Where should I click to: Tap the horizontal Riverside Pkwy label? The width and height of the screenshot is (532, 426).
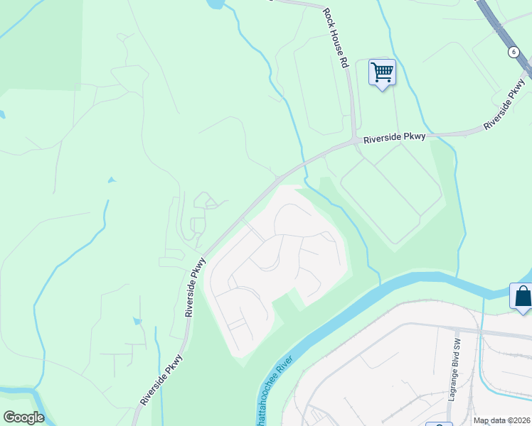394,138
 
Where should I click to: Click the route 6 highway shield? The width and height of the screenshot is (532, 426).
513,52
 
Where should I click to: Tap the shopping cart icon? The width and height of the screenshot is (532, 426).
382,72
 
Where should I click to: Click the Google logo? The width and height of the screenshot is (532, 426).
23,417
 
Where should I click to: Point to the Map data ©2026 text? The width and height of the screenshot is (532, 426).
502,421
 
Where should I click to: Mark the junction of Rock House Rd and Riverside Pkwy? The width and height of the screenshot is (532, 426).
354,141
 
